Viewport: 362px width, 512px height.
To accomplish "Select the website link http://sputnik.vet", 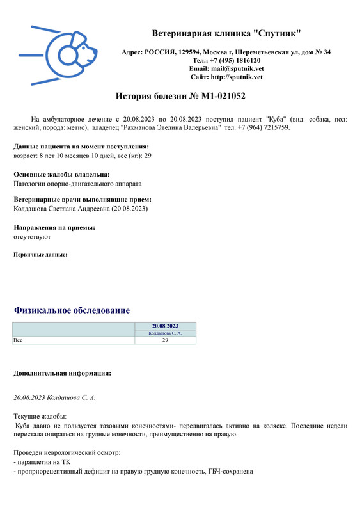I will click(x=236, y=77).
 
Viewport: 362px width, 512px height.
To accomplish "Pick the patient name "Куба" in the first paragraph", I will click(x=276, y=119).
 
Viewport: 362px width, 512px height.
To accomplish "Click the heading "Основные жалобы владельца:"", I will click(x=61, y=174).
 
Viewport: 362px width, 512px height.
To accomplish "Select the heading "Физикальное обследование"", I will click(x=72, y=310).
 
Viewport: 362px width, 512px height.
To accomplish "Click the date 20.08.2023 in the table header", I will click(x=165, y=326).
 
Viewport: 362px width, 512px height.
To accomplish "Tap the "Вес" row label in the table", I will click(x=18, y=340).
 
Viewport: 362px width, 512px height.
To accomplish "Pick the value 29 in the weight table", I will click(x=165, y=340).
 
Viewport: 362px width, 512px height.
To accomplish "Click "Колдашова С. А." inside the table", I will click(x=165, y=333).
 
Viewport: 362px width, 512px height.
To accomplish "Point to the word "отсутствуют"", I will click(x=32, y=237).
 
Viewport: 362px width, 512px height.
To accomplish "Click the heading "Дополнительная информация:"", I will click(x=63, y=372).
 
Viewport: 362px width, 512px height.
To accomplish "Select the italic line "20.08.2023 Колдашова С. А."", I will click(x=55, y=397).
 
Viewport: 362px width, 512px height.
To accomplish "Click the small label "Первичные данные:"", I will click(x=40, y=255).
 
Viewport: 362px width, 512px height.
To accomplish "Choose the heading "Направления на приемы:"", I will click(x=54, y=228).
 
